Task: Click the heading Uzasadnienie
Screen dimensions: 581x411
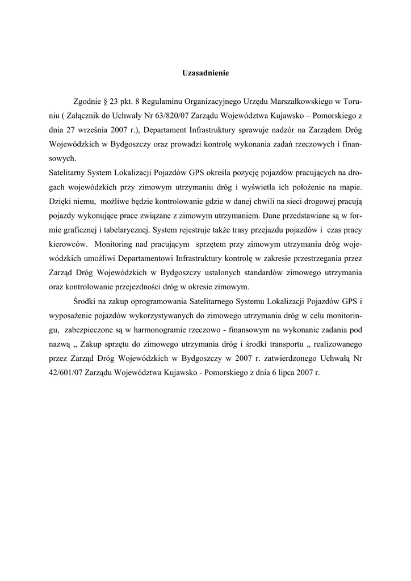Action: click(x=205, y=73)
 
